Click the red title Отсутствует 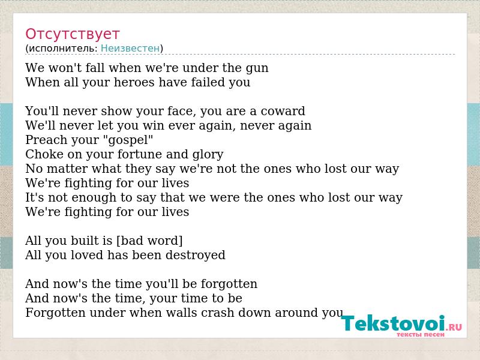tap(72, 34)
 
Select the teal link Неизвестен tap(130, 49)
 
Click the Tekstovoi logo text tap(393, 323)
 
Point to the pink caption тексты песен tap(421, 335)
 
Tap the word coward tap(283, 111)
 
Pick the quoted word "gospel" tap(128, 140)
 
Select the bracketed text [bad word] tap(149, 241)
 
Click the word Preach tap(44, 140)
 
